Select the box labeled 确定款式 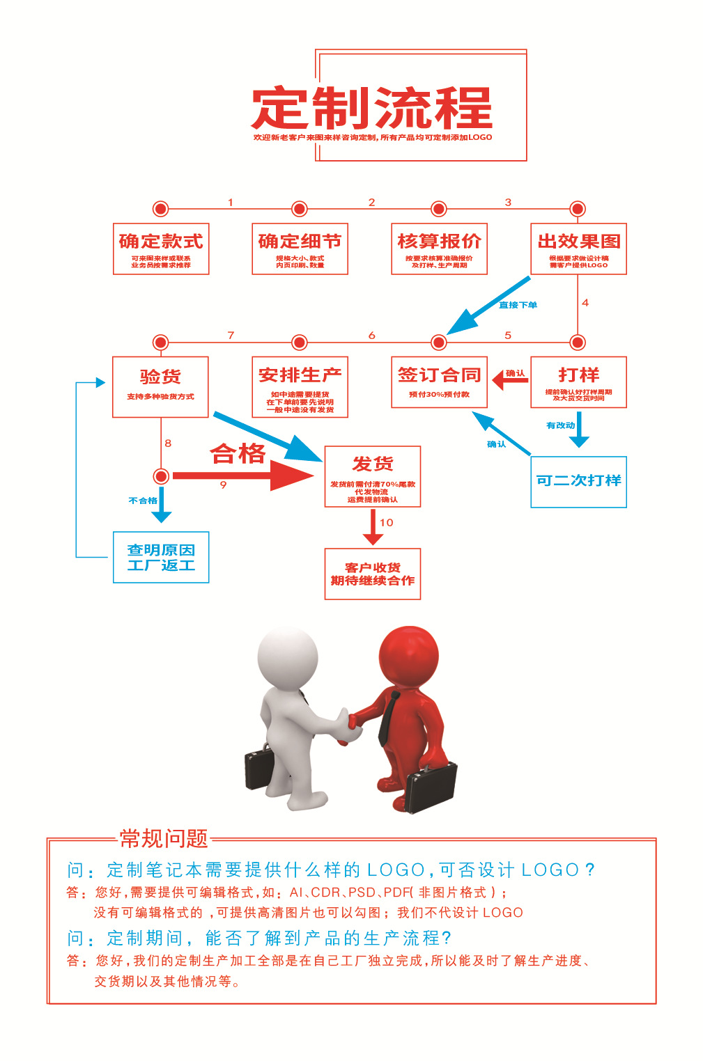161,249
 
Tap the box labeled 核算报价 439,249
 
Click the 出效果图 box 578,249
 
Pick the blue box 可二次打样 578,482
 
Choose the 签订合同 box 439,382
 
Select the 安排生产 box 300,386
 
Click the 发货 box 373,476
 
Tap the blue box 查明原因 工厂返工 161,557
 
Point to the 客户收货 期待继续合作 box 373,574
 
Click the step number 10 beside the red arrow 387,522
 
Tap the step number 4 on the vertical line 585,303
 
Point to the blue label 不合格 143,501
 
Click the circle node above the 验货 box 161,342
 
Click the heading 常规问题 164,838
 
